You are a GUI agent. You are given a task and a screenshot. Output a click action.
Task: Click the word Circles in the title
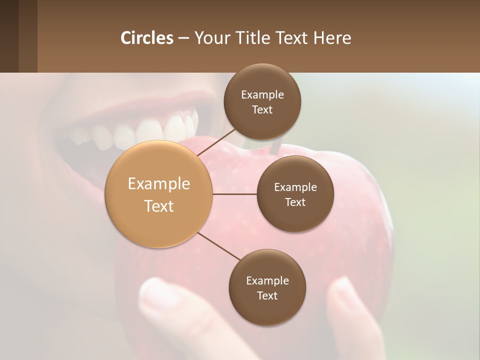tap(146, 38)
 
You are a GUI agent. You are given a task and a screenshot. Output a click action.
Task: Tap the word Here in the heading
tap(332, 38)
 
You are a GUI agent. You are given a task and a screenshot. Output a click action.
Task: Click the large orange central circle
tap(159, 194)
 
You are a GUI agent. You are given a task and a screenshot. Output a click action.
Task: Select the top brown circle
tap(262, 101)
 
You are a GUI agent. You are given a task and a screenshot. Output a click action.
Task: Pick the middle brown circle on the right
tap(295, 194)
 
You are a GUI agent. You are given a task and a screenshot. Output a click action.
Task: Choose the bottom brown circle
tap(267, 287)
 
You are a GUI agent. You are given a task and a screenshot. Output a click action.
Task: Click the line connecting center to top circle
tap(217, 142)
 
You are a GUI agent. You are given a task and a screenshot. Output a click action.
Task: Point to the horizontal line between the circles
tap(234, 194)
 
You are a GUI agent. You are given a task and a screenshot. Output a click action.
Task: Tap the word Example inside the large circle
tap(159, 184)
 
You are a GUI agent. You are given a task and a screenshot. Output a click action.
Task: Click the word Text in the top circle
tap(262, 110)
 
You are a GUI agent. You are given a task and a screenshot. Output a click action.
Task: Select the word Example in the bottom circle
tap(267, 280)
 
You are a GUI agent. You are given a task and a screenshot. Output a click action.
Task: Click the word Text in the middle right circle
tap(295, 202)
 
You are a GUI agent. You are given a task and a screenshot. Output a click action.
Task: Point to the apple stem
tap(276, 146)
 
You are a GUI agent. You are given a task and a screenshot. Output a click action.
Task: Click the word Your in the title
tap(210, 38)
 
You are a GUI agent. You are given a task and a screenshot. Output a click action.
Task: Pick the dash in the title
tap(183, 38)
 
